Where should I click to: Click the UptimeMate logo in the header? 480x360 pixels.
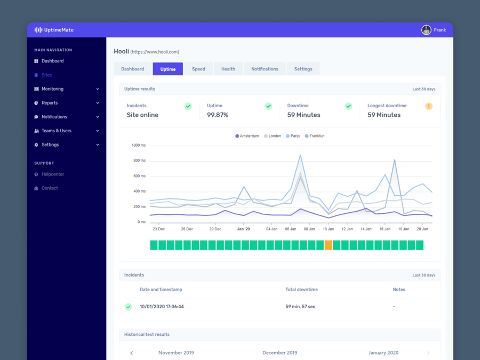[54, 30]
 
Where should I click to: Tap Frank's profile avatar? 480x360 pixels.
[426, 30]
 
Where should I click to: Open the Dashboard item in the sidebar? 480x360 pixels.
[52, 61]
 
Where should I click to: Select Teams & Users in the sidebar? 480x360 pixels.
[56, 131]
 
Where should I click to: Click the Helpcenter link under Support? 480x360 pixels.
[52, 174]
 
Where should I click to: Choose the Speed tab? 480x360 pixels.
[198, 69]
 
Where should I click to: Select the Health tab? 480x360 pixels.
[228, 69]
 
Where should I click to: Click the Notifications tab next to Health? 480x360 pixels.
[265, 69]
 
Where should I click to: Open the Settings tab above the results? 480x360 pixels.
[303, 69]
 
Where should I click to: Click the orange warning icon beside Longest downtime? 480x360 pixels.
[429, 106]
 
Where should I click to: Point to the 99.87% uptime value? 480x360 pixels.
[218, 115]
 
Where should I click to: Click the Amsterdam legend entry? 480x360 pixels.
[247, 136]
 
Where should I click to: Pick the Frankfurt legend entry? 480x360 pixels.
[315, 136]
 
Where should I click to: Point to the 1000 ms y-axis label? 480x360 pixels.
[138, 145]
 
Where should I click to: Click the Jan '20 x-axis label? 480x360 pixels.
[243, 229]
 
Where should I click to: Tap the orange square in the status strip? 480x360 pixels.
[329, 245]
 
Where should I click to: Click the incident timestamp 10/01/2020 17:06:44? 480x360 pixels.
[162, 307]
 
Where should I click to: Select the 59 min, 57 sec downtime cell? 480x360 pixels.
[300, 307]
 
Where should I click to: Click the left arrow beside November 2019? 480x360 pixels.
[132, 353]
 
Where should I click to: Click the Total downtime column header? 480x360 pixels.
[301, 290]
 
